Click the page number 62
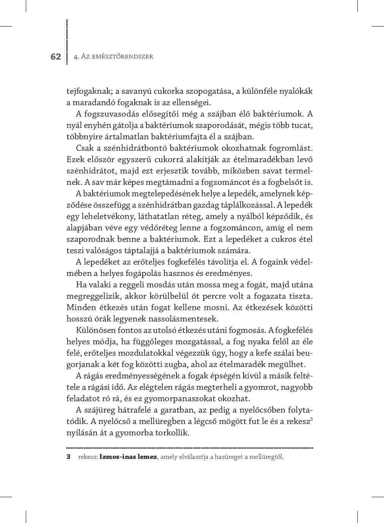coord(55,57)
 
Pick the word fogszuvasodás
coord(112,114)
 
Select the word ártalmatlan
coord(129,137)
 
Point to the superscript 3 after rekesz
coord(311,419)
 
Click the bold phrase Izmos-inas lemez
coord(128,457)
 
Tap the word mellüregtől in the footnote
coord(267,457)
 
